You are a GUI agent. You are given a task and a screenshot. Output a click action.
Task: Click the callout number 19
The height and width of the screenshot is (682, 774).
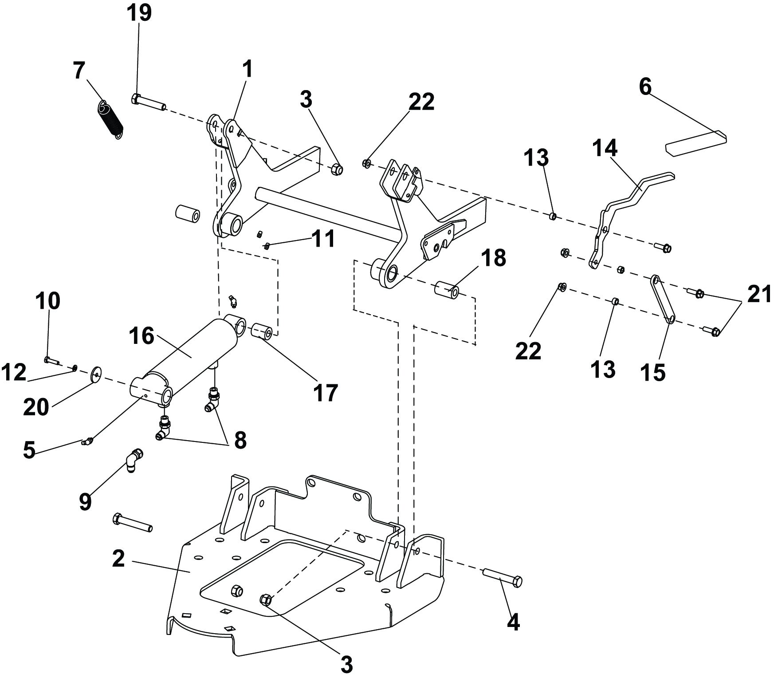click(x=139, y=13)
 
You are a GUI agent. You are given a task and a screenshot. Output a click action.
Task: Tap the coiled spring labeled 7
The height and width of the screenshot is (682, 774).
click(x=110, y=118)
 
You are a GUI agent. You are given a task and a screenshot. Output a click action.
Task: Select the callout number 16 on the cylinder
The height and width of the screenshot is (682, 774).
click(x=142, y=336)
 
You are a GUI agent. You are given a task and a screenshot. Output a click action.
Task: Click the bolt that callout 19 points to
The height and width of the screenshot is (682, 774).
click(x=148, y=102)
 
